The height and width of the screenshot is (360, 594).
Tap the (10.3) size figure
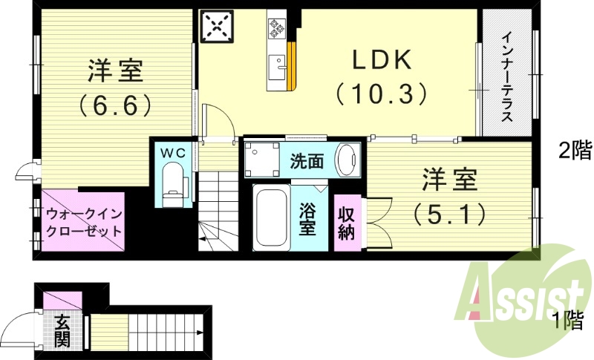[x=382, y=93]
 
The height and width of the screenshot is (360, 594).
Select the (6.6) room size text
[x=114, y=104]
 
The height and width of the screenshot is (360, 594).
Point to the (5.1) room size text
[x=450, y=214]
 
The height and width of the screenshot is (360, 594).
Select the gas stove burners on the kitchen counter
[x=277, y=27]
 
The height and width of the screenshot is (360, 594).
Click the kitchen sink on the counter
[x=279, y=64]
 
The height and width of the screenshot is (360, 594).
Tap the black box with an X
[x=217, y=27]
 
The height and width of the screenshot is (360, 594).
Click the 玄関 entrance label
[x=61, y=331]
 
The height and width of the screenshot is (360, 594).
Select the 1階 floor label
[x=567, y=321]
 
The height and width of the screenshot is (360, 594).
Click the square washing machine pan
[x=261, y=158]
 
